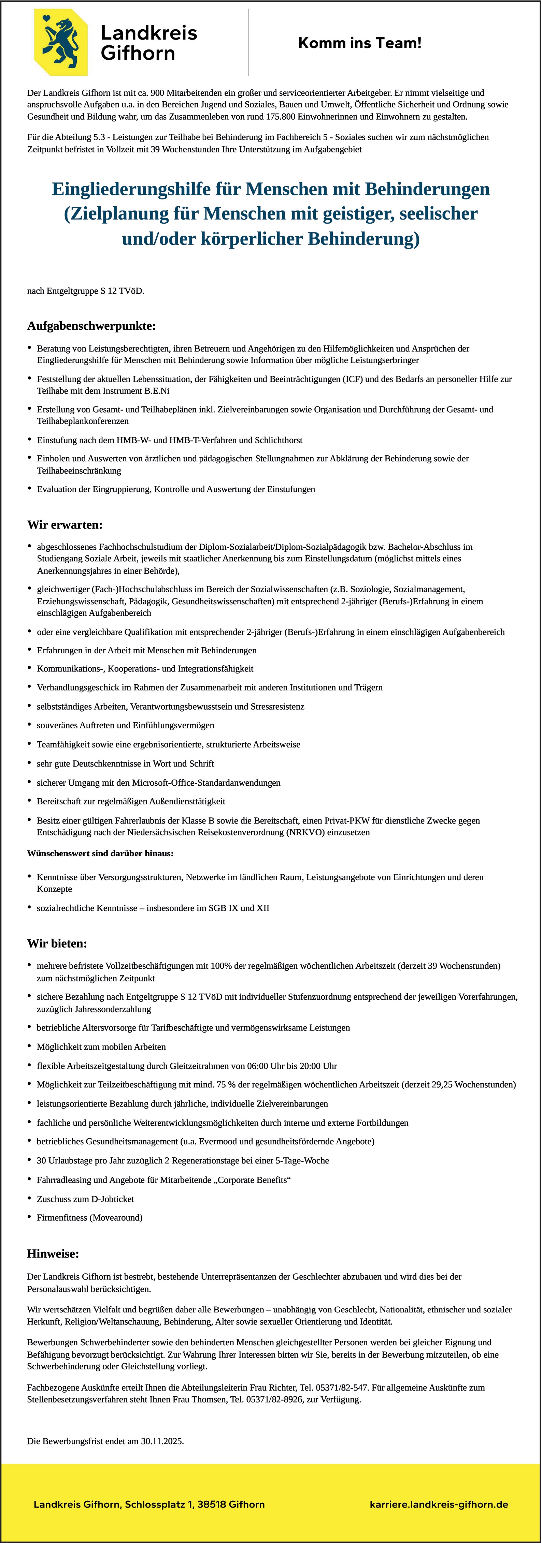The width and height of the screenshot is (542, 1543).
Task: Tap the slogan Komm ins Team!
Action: pyautogui.click(x=360, y=43)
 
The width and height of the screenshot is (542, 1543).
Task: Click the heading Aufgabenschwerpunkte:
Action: pyautogui.click(x=91, y=326)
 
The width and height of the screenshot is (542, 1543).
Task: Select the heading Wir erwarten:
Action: pyautogui.click(x=65, y=525)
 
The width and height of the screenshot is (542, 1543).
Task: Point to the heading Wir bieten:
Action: pyautogui.click(x=57, y=944)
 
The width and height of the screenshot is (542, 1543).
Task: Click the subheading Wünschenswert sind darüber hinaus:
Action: pyautogui.click(x=100, y=853)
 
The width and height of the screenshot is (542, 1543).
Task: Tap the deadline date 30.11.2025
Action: pyautogui.click(x=162, y=1441)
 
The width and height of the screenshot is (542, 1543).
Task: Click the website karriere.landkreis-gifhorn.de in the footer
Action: pyautogui.click(x=439, y=1504)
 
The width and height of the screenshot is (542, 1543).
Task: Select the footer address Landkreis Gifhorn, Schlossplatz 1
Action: pyautogui.click(x=149, y=1504)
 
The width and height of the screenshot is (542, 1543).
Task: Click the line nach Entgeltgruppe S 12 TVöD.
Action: pyautogui.click(x=86, y=292)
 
